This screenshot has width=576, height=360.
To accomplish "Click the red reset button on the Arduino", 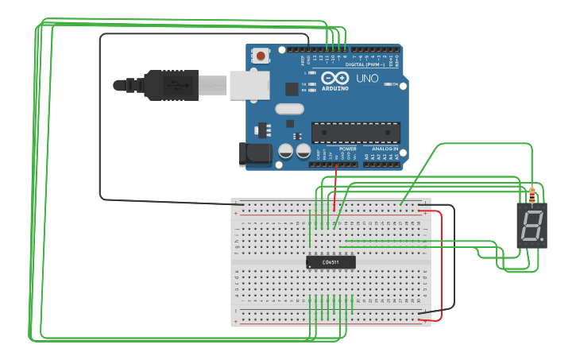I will pos(260,56).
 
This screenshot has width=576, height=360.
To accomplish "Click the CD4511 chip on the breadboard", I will pos(331,261).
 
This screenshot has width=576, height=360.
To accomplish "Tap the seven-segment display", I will pos(532,226).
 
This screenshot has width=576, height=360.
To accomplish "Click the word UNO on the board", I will pos(366,79).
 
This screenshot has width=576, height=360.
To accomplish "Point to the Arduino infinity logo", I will pos(335,79).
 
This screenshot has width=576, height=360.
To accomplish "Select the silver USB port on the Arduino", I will pos(249,85).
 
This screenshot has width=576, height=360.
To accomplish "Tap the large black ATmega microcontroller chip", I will pos(355,132).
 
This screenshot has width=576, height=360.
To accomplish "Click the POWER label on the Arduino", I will pos(348,149).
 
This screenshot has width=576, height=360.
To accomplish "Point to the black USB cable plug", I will pos(171,85).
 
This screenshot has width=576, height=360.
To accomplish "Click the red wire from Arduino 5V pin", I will pos(336,187).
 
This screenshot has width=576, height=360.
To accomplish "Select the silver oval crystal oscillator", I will pos(289,109).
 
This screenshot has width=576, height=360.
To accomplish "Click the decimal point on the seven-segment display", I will pos(543,241).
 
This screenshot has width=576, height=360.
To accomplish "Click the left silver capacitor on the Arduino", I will pos(286,149).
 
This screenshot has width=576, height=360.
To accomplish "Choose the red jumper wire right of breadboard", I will pos(440,262).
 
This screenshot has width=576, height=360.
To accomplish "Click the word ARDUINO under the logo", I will pos(335,88).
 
